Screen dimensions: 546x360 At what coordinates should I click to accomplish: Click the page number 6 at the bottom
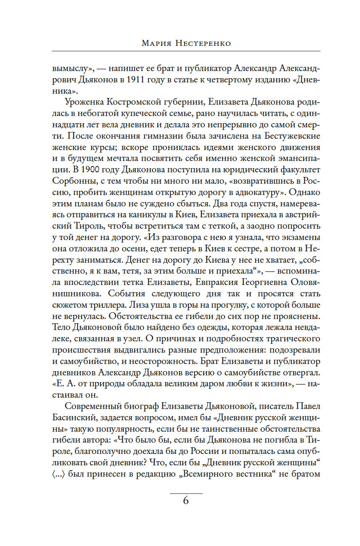186,501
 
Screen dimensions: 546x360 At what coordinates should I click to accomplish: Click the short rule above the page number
186,493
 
